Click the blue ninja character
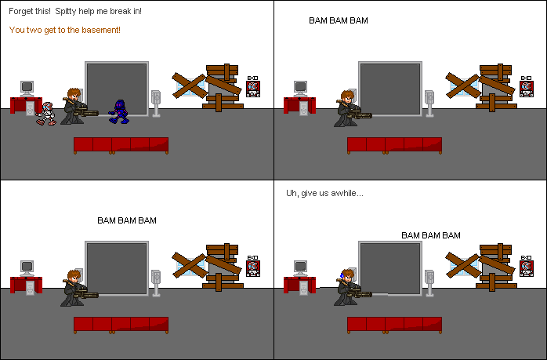tap(119, 111)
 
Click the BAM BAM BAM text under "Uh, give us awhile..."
tap(430, 235)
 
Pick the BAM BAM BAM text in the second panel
tap(338, 20)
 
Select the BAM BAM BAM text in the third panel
tap(126, 220)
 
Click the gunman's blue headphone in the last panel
tap(343, 278)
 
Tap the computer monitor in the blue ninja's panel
tap(27, 88)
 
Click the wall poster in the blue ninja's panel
tap(252, 87)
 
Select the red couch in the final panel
tap(394, 323)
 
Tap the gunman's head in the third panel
tap(74, 276)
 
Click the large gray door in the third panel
tap(117, 268)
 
